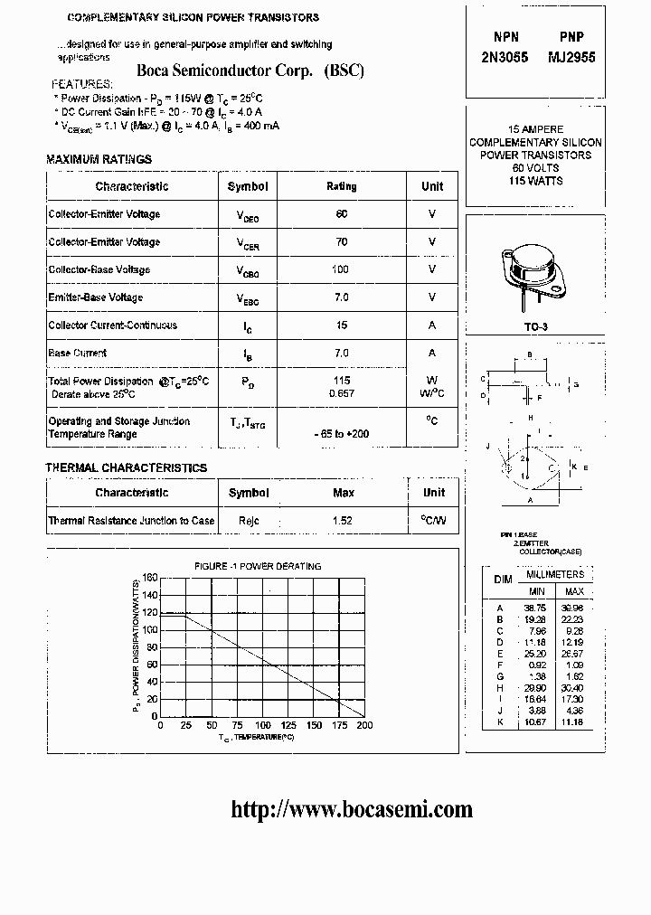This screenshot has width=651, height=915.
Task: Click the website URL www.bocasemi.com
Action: [x=352, y=809]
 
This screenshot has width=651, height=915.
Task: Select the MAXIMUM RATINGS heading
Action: [x=99, y=160]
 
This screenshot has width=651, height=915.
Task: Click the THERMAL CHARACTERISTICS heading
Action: [x=127, y=467]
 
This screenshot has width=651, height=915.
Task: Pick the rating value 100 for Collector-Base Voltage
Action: [x=341, y=269]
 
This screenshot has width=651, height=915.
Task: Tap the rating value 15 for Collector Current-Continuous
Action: [x=341, y=325]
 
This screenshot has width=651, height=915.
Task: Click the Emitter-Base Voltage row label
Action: [x=95, y=297]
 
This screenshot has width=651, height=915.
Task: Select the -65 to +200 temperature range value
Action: [x=341, y=434]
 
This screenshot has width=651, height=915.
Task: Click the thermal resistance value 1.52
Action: [x=343, y=521]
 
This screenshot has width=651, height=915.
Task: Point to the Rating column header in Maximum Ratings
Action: [x=341, y=186]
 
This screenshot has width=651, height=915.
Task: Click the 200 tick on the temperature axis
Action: [x=363, y=725]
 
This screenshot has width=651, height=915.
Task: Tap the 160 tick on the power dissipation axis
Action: [x=150, y=578]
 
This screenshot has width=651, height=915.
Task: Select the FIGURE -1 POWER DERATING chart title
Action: [x=258, y=566]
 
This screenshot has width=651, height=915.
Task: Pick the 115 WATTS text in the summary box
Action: [x=535, y=181]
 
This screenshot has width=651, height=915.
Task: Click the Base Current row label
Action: [x=77, y=354]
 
